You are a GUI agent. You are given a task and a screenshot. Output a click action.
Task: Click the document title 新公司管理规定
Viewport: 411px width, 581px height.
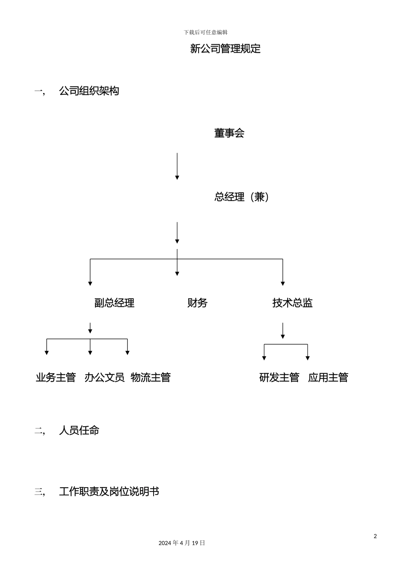pos(225,49)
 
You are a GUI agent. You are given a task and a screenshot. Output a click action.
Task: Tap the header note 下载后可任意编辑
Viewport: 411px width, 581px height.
pos(205,32)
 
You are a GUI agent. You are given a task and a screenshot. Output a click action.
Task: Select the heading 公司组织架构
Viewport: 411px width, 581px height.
pos(89,91)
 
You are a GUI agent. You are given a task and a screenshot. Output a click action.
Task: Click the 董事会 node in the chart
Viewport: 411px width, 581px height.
pos(229,133)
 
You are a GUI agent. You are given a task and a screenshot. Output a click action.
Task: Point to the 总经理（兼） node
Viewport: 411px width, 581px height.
pos(242,197)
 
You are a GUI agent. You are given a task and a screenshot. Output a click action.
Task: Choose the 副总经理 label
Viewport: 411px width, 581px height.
pos(114,303)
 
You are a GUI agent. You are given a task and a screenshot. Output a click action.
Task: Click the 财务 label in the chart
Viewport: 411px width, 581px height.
pos(197,303)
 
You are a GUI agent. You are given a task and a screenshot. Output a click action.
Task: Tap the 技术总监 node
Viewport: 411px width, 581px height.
pos(292,303)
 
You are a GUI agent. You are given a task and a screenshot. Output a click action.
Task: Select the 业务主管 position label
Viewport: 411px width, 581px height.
pos(56,377)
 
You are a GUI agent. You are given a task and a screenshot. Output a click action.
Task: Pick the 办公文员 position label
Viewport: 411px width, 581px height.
pos(105,377)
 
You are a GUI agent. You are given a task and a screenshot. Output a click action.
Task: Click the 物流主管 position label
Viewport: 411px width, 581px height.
pos(151,377)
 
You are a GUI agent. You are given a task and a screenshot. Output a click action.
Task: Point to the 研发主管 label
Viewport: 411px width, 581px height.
pos(279,377)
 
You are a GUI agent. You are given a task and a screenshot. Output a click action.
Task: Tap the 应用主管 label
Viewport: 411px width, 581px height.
pos(328,377)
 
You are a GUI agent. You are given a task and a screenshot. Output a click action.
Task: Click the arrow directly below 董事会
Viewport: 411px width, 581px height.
pos(177,166)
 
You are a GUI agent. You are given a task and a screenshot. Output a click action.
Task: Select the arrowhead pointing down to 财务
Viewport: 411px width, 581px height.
pos(177,273)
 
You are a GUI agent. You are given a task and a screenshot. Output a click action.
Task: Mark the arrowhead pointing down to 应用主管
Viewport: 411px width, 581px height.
pos(308,358)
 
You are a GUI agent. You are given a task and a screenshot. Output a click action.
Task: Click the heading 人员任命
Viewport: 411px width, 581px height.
pos(79,431)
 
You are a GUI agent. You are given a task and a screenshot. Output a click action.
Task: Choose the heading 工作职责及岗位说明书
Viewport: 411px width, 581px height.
pos(109,492)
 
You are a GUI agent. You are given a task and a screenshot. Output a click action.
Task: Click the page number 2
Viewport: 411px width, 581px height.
pos(375,536)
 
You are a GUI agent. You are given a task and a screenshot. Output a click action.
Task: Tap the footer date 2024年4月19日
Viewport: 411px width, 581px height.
pos(182,543)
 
